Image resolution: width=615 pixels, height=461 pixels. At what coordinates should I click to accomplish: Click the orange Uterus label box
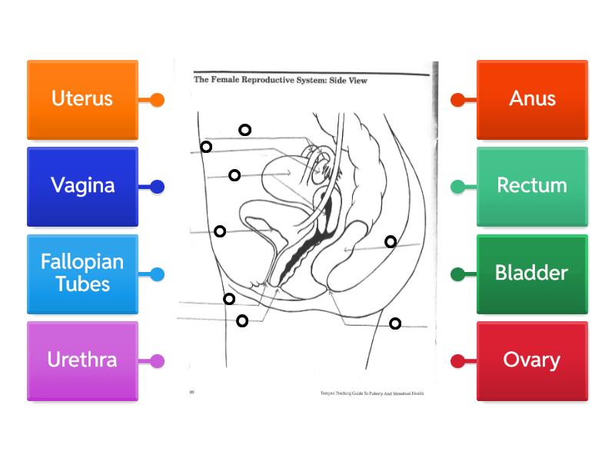pos(82,99)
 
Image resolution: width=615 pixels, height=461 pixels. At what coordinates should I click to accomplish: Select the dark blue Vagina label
pos(82,186)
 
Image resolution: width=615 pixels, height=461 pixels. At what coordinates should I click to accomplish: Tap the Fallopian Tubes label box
pos(82,274)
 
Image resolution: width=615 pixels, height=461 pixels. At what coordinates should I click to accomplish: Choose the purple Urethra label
pos(82,360)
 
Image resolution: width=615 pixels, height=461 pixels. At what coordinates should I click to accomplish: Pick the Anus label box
pos(532,99)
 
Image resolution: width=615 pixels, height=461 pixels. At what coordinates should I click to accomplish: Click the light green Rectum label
pos(532,186)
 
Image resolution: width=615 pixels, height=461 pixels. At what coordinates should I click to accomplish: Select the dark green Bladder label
pos(532,274)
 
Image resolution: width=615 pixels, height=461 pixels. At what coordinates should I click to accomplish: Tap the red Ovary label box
pos(532,360)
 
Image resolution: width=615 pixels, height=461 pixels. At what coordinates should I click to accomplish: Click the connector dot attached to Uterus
pos(158,100)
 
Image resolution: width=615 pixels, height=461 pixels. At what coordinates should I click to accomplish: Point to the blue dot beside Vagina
pos(158,187)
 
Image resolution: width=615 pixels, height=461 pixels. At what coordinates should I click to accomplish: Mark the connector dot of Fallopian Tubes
pos(158,274)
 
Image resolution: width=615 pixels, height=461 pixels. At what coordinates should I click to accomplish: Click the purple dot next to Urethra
pos(158,361)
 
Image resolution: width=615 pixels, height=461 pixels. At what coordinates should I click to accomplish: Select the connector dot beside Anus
pos(457,100)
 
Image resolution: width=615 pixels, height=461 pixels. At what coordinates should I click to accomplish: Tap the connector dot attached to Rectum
pos(457,187)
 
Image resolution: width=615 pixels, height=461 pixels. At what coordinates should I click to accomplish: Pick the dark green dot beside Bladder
pos(457,274)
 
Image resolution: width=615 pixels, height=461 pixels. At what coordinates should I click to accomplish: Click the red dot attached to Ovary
pos(457,361)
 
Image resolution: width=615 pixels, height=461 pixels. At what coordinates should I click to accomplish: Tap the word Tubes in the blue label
pos(82,284)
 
